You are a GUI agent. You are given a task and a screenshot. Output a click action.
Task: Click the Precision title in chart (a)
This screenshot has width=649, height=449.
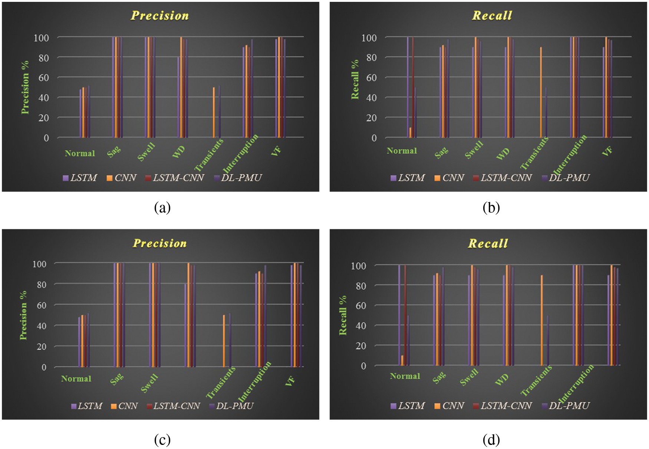pos(159,16)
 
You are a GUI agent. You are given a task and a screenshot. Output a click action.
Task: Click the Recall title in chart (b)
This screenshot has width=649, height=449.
pos(492,16)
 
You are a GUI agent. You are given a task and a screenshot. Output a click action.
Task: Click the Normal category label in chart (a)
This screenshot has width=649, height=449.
pos(80,153)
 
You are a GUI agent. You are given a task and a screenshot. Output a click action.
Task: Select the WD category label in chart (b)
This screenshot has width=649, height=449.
pos(503,153)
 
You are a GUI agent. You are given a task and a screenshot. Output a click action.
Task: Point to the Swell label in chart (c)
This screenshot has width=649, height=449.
pos(149,383)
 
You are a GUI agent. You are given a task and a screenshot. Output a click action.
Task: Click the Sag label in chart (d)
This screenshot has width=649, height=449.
pos(439,377)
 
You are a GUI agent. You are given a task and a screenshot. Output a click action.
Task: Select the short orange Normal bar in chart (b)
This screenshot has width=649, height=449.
pos(410,132)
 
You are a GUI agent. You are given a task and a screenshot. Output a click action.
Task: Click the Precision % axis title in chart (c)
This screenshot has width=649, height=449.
pos(24,315)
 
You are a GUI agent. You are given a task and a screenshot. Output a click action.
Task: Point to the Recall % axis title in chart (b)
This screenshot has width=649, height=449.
pos(355,79)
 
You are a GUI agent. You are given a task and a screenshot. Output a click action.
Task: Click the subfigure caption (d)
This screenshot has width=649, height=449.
pos(491,440)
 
